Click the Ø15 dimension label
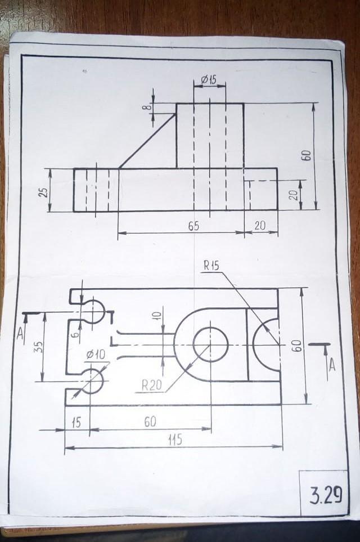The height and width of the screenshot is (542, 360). pyautogui.click(x=208, y=80)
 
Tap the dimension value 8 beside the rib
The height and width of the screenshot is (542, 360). pyautogui.click(x=148, y=107)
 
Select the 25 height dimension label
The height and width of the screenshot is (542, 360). pyautogui.click(x=43, y=192)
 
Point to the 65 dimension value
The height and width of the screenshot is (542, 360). pyautogui.click(x=193, y=226)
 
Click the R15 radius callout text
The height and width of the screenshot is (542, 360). pyautogui.click(x=211, y=266)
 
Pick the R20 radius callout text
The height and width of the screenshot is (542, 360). pyautogui.click(x=152, y=385)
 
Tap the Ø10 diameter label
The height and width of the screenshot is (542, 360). pyautogui.click(x=96, y=355)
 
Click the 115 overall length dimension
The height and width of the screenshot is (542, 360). pyautogui.click(x=175, y=440)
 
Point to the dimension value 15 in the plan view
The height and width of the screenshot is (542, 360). pyautogui.click(x=76, y=423)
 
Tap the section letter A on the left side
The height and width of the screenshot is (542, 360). pyautogui.click(x=20, y=333)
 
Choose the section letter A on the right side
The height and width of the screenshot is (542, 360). pyautogui.click(x=332, y=365)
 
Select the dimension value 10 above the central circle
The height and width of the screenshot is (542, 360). pyautogui.click(x=157, y=315)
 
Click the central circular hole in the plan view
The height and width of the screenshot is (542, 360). pyautogui.click(x=211, y=344)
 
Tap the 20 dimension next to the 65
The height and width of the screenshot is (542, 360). pyautogui.click(x=260, y=226)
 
